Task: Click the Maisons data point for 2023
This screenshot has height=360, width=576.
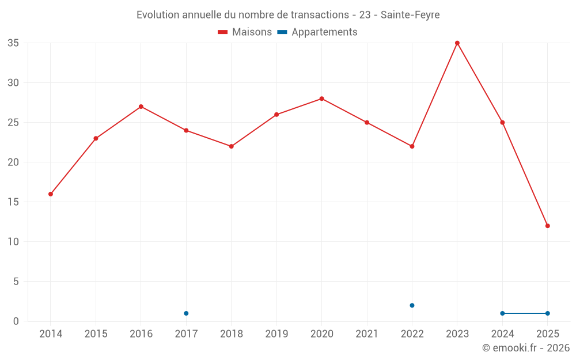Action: pos(457,43)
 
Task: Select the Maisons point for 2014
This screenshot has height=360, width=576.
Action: pos(51,194)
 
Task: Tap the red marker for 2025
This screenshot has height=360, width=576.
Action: pos(548,226)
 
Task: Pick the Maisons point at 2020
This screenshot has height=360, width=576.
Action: pos(322,98)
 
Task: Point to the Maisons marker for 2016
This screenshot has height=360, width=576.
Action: pos(141,107)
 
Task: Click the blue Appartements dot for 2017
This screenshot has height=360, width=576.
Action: pos(186,313)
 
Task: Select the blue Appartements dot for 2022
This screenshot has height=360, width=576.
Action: pos(412,305)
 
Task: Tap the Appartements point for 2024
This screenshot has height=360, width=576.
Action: pos(502,313)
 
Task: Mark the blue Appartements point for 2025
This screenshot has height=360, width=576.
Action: pos(548,313)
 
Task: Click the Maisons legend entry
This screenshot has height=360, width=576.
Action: pos(245,32)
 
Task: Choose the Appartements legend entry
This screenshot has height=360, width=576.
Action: pos(317,32)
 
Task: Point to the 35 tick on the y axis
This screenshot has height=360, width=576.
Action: pos(13,43)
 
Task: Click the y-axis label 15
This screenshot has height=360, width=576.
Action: pos(13,202)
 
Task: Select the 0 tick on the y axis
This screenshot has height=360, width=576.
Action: pos(16,321)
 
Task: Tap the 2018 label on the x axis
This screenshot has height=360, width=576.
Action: pos(231,334)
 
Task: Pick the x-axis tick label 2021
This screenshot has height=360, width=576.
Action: pos(367,334)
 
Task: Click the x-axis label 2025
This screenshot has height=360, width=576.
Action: pos(548,334)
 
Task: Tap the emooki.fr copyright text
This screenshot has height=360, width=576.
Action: pos(525,348)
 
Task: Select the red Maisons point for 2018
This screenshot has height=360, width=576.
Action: pos(232,146)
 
